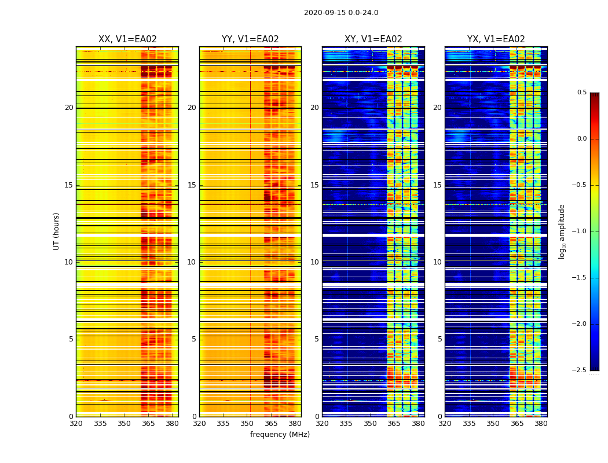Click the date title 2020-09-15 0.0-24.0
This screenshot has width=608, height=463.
click(x=341, y=13)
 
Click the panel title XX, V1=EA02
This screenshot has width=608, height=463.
click(x=127, y=39)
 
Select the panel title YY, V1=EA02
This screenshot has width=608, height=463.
click(x=250, y=39)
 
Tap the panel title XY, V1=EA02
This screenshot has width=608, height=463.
click(x=373, y=39)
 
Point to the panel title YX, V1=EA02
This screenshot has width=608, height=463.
click(x=496, y=39)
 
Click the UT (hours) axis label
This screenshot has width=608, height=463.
click(x=57, y=231)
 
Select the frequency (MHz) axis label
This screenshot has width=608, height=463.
click(x=280, y=435)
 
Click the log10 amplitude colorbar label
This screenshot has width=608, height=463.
click(x=562, y=231)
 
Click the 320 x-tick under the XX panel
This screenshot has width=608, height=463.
click(x=76, y=424)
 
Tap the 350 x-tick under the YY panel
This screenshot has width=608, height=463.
click(x=247, y=424)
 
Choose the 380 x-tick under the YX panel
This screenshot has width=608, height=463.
click(x=541, y=424)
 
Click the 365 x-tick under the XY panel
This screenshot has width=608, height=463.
click(x=394, y=424)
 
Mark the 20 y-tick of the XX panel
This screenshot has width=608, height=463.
click(x=69, y=108)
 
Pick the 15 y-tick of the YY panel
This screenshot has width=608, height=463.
click(x=192, y=185)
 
